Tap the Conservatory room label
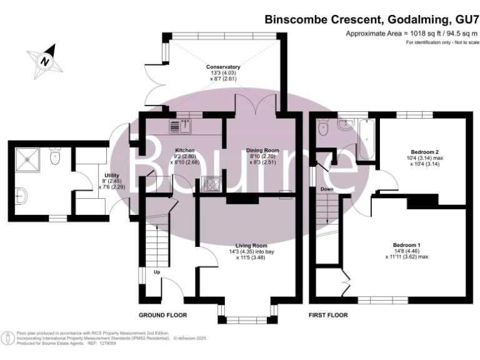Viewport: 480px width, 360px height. click(224, 66)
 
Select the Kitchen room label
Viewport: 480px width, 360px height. click(184, 151)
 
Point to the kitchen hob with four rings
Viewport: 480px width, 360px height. click(211, 184)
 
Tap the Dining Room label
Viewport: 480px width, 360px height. click(262, 151)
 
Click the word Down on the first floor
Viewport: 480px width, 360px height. click(327, 188)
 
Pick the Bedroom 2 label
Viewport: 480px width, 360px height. click(424, 152)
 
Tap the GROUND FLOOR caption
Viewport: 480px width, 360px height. click(162, 315)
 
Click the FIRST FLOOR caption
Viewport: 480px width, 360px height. click(328, 315)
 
